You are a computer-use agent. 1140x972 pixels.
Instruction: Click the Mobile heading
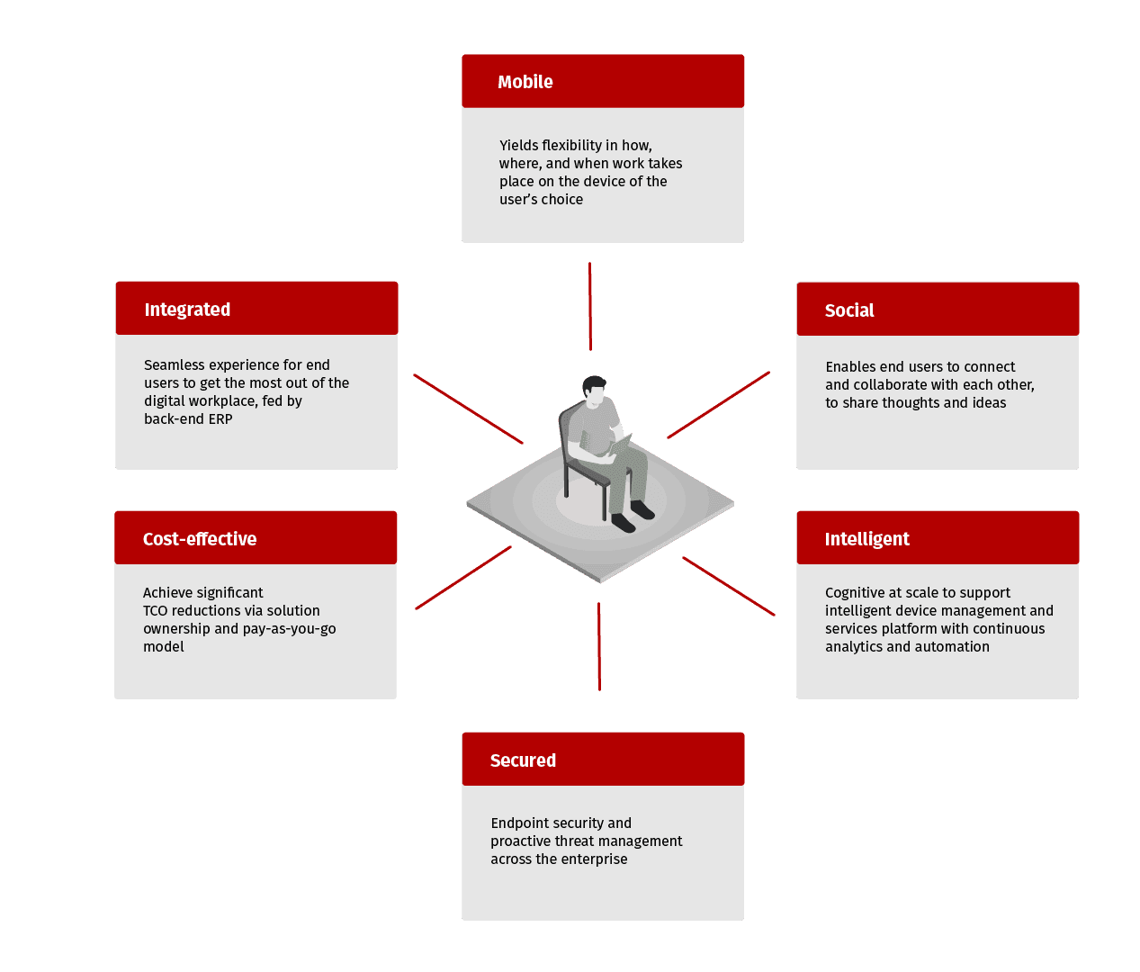tap(525, 82)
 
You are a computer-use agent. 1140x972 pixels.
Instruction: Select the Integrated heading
tap(187, 310)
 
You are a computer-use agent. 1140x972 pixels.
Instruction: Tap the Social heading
tap(848, 310)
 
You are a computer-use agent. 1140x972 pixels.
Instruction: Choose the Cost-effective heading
tap(200, 538)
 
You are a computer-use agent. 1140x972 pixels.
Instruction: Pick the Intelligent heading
tap(866, 539)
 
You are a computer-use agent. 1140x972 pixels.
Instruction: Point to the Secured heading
tap(523, 760)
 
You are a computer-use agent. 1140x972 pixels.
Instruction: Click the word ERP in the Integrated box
tap(220, 419)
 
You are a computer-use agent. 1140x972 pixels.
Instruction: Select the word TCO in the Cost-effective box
tap(155, 611)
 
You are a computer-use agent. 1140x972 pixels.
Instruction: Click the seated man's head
tap(595, 391)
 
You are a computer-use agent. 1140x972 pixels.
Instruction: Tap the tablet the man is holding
tap(621, 445)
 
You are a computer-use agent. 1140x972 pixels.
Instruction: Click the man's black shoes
tap(633, 516)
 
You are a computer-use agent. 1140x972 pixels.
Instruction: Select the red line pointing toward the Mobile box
tap(590, 306)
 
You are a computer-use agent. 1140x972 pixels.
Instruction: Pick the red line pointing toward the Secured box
tap(599, 646)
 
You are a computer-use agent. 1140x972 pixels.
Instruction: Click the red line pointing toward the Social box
tap(719, 405)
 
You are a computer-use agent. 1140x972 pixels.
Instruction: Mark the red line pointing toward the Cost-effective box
tap(463, 578)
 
